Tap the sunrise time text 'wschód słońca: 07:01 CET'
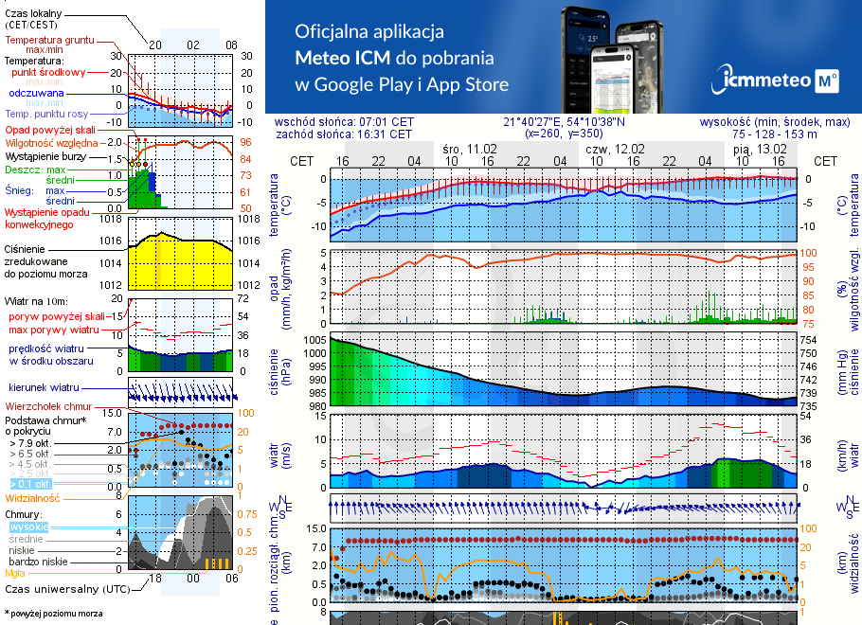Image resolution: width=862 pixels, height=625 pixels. pyautogui.click(x=344, y=122)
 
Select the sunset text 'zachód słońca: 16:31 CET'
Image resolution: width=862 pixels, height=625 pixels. pyautogui.click(x=343, y=134)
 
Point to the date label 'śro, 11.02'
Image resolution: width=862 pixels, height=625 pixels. pyautogui.click(x=469, y=150)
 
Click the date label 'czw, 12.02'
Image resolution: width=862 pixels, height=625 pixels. pyautogui.click(x=614, y=150)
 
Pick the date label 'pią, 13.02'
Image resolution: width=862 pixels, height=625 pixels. pyautogui.click(x=760, y=150)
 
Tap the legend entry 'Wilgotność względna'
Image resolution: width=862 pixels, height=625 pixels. pyautogui.click(x=48, y=141)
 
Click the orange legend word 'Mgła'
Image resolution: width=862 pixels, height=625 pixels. pyautogui.click(x=15, y=573)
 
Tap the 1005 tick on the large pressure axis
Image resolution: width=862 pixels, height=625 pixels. pyautogui.click(x=314, y=339)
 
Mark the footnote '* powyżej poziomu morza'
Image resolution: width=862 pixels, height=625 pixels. pyautogui.click(x=53, y=614)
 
